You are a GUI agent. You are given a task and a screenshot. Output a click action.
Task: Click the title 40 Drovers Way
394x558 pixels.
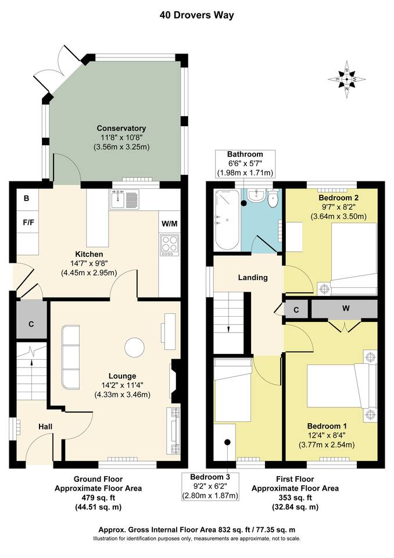point(197,15)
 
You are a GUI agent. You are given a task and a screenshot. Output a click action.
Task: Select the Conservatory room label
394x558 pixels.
point(121,128)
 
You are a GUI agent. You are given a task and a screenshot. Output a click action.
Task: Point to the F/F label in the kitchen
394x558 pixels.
point(27,222)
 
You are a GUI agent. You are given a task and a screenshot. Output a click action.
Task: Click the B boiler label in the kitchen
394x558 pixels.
point(26,198)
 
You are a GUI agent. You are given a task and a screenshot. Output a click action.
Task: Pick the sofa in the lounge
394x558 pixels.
point(71,357)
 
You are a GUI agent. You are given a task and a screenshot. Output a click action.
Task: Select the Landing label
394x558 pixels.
point(253,277)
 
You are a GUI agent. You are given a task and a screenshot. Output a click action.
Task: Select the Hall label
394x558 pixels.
point(45,427)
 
